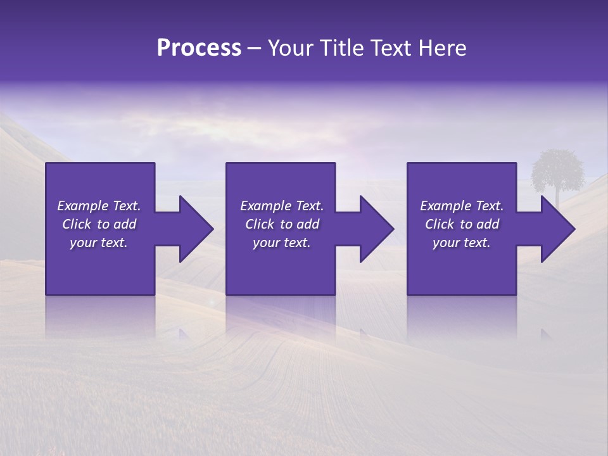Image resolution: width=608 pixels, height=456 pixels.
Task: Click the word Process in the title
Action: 199,48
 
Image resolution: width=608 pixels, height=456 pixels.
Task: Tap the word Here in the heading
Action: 441,48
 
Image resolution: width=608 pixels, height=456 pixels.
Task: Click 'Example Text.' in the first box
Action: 99,206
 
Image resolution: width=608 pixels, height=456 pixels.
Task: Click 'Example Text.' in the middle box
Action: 281,206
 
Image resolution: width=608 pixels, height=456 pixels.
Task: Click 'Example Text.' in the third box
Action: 462,206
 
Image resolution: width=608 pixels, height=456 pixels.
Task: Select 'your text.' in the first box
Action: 99,243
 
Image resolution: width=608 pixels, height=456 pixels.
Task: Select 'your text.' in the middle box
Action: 281,243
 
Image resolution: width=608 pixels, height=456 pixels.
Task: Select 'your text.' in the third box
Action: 462,243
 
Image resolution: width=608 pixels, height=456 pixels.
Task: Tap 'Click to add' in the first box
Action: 99,224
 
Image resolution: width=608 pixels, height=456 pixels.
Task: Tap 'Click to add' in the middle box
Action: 281,224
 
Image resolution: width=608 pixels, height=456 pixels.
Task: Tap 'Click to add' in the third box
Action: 462,224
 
